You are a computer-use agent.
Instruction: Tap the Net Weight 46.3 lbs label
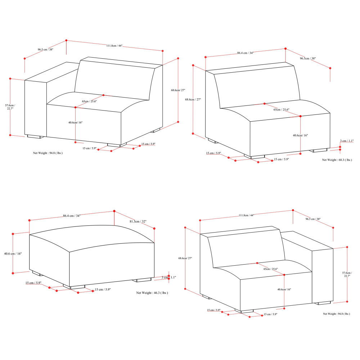coord(152,293)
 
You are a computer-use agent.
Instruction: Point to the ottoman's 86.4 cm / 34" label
coord(72,216)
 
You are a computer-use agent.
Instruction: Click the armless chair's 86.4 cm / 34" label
coord(245,53)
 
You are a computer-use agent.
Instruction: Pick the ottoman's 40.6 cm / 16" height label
coord(13,254)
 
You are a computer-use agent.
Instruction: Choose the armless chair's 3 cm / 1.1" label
coord(347,141)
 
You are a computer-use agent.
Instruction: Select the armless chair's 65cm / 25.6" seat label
coord(281,109)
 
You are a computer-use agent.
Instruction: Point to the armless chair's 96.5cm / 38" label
coord(308,58)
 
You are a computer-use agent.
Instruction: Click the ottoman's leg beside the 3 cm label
coord(141,279)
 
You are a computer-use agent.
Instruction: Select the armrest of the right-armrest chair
coord(323,274)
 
